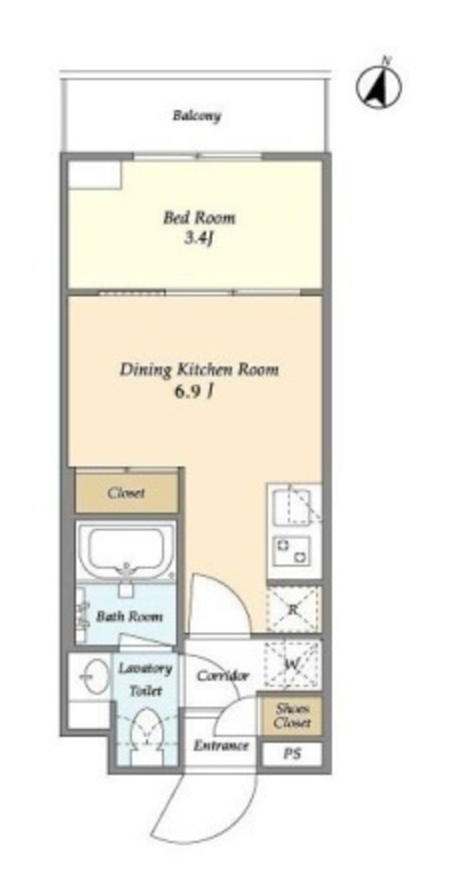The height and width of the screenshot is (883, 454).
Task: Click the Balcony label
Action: coord(196,116)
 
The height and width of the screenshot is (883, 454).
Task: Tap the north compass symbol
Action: coord(379,86)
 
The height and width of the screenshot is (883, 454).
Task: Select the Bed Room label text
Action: coord(199,217)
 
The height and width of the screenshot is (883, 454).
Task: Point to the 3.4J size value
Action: coord(200,238)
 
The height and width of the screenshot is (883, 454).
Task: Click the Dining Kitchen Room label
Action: coord(199,369)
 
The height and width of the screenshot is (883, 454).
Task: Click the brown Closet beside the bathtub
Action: coord(127,492)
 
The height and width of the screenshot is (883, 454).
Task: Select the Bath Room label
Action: coord(129,616)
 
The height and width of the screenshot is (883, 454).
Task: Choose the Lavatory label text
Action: coord(145,669)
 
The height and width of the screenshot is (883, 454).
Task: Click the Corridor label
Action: coord(223,675)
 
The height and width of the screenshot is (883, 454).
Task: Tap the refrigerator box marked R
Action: coord(293,609)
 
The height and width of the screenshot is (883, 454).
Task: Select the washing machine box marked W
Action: coord(292,664)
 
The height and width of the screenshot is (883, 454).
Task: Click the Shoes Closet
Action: coord(291,716)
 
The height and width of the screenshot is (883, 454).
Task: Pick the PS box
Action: coord(292,754)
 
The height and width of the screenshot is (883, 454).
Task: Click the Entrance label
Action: coord(221,746)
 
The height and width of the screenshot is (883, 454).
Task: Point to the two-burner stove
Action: coord(292,550)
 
